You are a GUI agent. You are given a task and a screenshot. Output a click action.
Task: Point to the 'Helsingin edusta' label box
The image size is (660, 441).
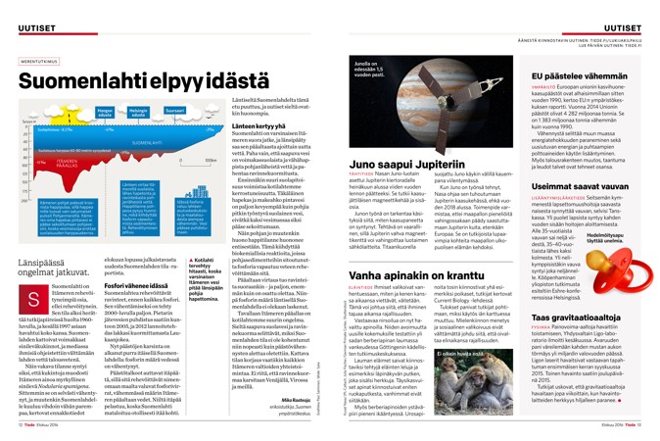pyautogui.click(x=137, y=114)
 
